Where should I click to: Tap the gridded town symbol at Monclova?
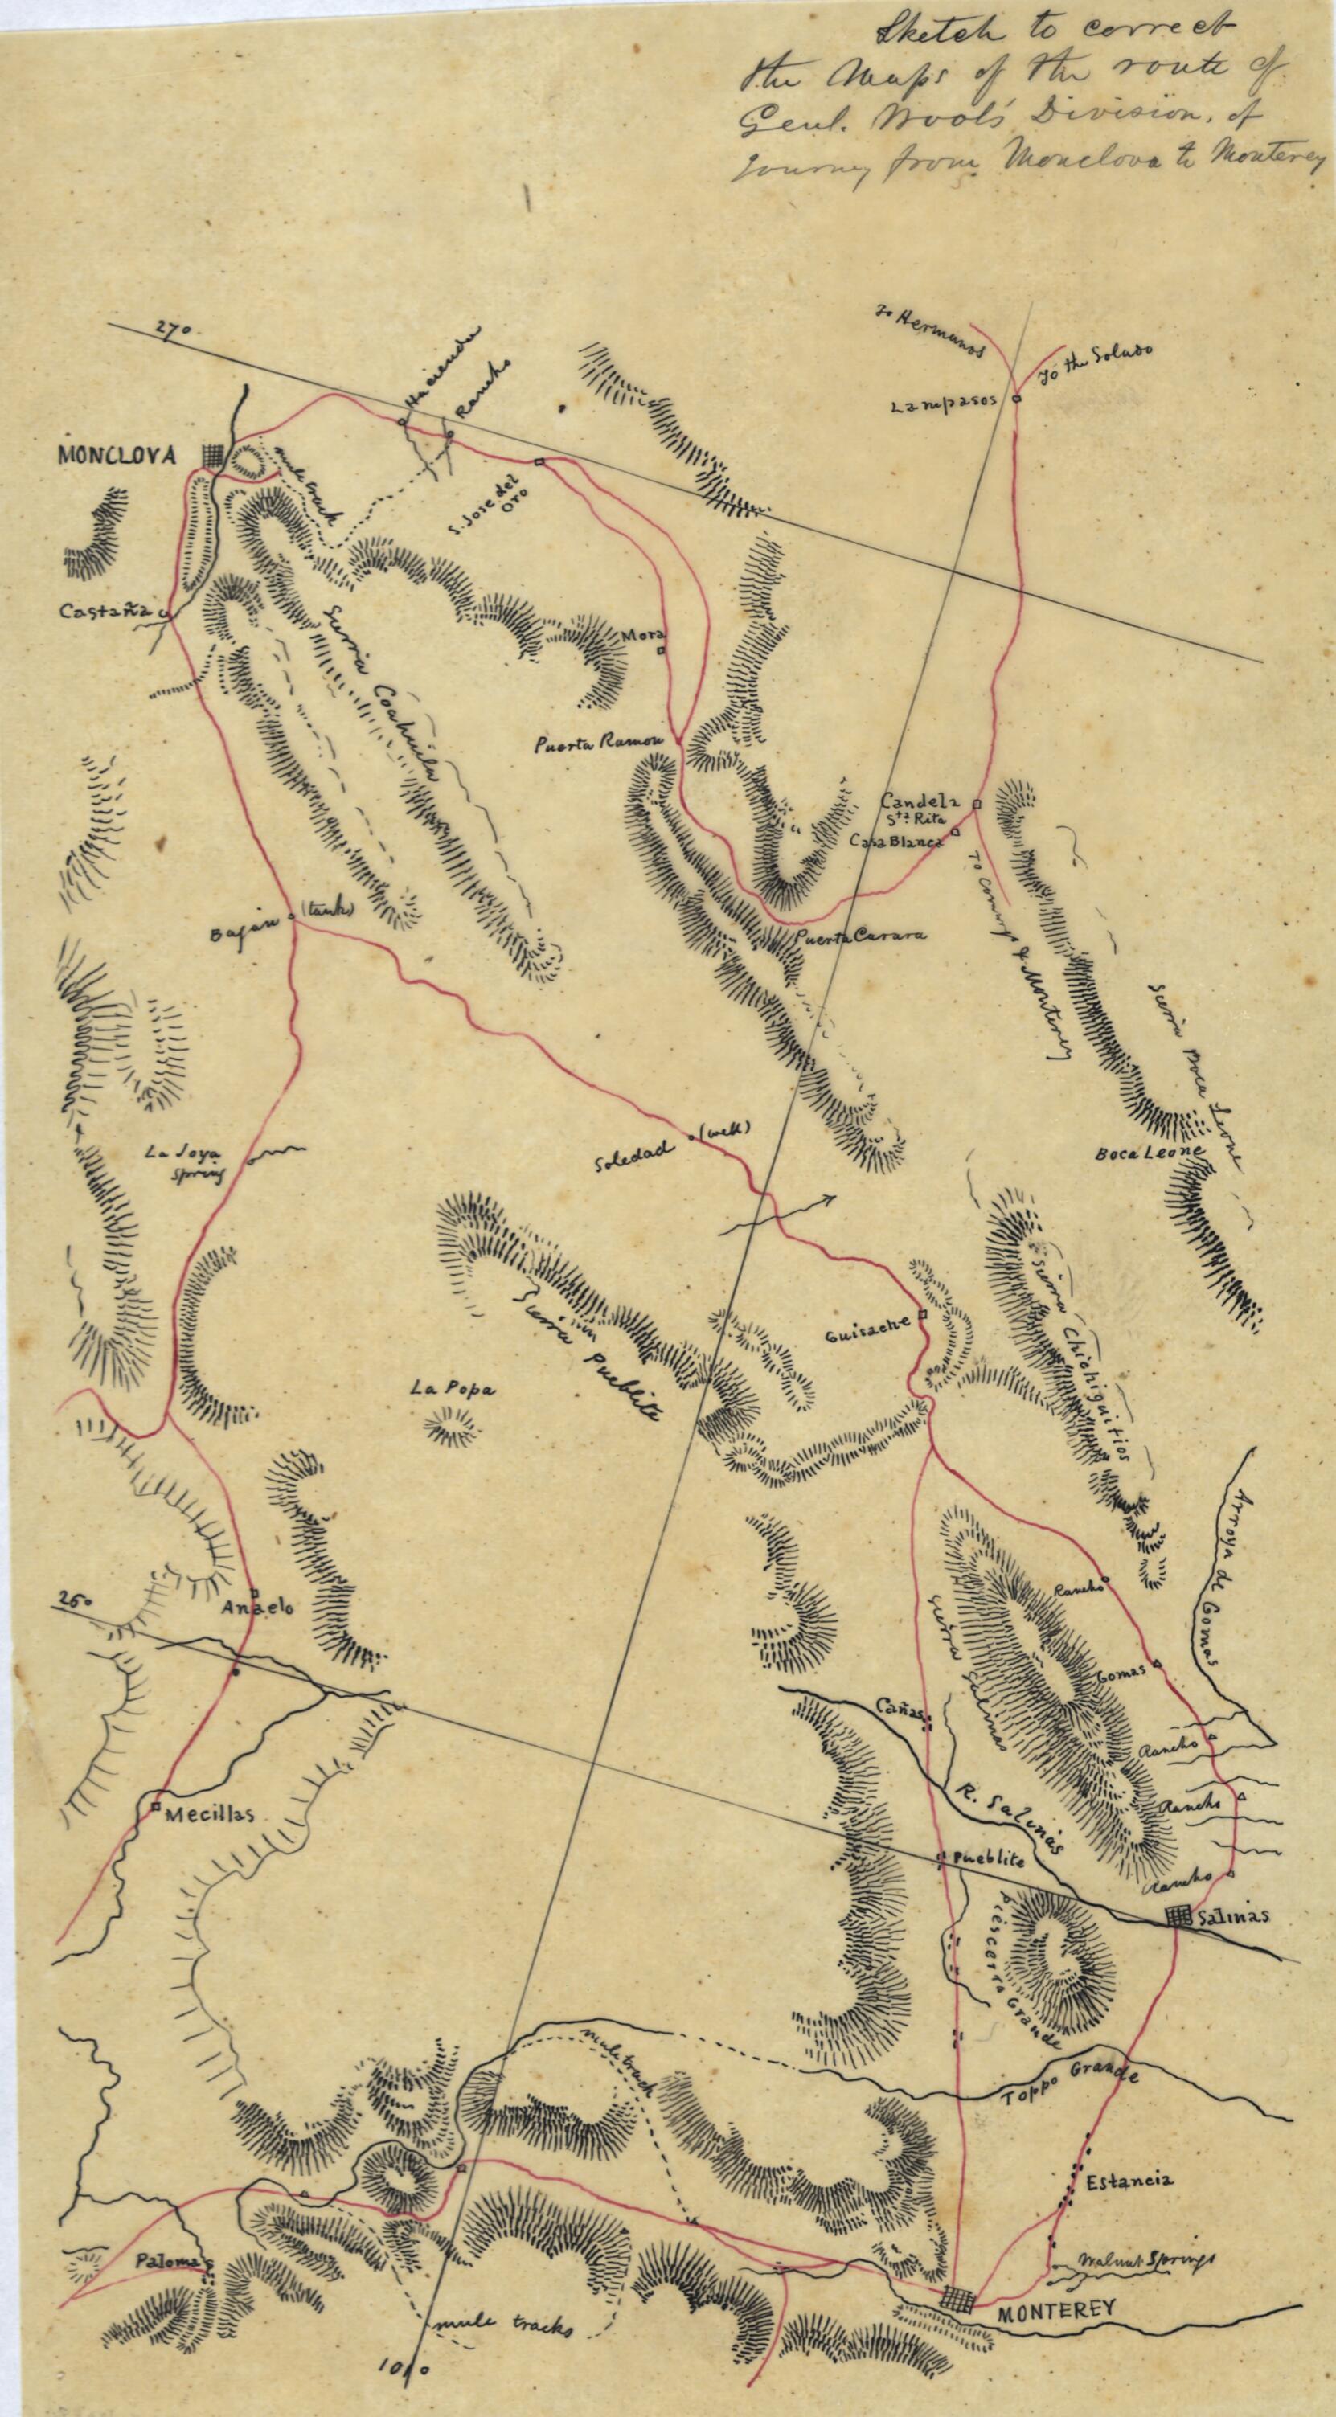[215, 454]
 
